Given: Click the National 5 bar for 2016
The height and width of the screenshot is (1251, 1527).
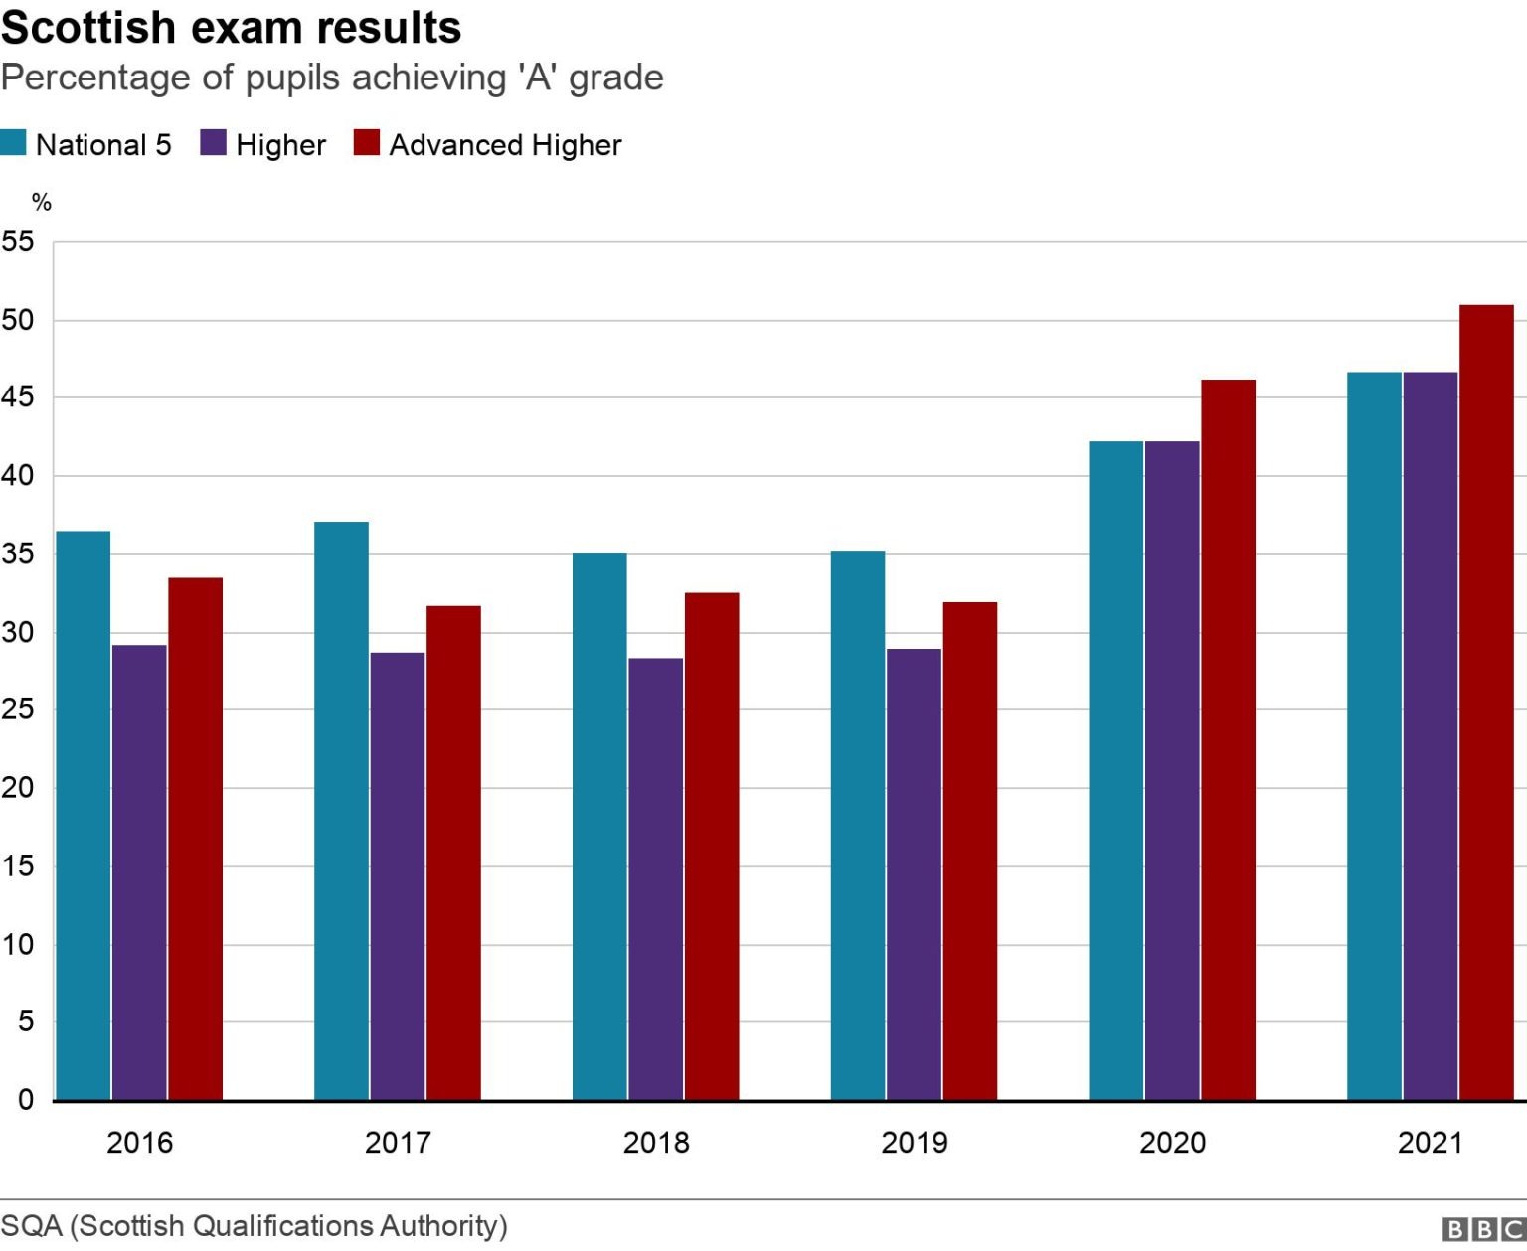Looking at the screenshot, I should point(83,815).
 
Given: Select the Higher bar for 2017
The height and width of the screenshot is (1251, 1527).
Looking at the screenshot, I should point(398,875).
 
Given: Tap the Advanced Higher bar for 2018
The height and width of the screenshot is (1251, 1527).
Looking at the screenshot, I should point(712,846).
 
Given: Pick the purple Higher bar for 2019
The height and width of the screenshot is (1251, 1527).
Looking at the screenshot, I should point(914,873).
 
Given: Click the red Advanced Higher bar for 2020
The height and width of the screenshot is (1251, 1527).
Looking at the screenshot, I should point(1228,739).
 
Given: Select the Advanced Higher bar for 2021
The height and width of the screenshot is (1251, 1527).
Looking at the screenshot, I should point(1486,702).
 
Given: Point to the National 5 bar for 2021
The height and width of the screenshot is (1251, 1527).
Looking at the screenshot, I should point(1374,735).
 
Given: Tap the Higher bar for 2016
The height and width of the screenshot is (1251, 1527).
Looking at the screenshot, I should point(139,871).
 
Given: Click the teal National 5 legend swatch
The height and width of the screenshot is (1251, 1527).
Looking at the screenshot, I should point(13,143).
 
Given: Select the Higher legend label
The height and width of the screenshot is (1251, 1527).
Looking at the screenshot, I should point(280,145).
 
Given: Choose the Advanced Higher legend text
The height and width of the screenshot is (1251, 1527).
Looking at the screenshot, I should point(505,145).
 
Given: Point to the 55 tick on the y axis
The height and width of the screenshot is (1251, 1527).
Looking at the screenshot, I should point(17,241).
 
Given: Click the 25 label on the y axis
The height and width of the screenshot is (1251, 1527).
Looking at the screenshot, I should point(17,709).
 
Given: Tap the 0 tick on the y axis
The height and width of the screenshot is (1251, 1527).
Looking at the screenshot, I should point(25,1100).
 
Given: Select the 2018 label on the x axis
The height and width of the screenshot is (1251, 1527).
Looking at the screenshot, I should point(656,1143).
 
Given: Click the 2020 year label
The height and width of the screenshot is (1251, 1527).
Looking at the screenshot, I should point(1172,1143).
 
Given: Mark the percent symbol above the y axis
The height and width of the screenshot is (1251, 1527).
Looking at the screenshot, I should point(41,203).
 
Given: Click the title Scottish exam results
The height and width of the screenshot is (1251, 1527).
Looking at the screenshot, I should point(231,27).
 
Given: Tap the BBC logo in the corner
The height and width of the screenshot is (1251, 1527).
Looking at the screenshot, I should point(1482,1230).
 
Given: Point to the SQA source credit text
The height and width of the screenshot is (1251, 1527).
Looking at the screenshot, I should point(254,1225).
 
